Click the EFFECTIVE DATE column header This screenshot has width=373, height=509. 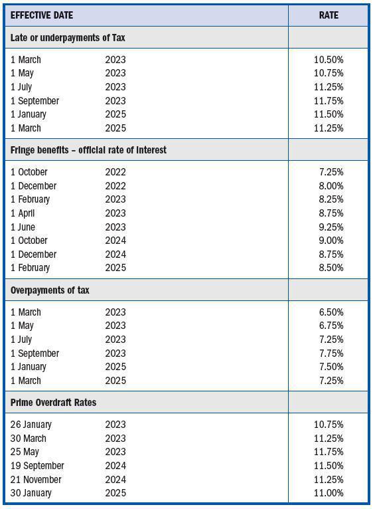(42, 15)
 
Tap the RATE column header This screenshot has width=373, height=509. (328, 15)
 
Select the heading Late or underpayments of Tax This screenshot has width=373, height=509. (68, 38)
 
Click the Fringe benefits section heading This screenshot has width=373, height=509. (88, 150)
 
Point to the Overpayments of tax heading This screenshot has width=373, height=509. (50, 290)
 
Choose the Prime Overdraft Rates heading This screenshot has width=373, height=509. (53, 403)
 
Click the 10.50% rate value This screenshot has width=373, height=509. (329, 59)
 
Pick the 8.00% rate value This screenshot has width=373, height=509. (331, 186)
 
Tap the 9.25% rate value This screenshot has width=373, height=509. (331, 227)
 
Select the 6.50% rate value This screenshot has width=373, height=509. (331, 312)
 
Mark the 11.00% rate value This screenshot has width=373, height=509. (329, 493)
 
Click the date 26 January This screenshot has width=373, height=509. (31, 425)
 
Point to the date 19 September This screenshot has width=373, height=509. (37, 466)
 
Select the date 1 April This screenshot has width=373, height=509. (23, 213)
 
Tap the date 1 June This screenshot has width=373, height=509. (23, 227)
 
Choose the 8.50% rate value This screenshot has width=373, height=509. (331, 268)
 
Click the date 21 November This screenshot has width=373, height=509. (36, 480)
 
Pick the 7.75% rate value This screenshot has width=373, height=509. (331, 353)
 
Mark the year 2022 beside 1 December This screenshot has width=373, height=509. (115, 186)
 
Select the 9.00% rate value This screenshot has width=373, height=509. (331, 241)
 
